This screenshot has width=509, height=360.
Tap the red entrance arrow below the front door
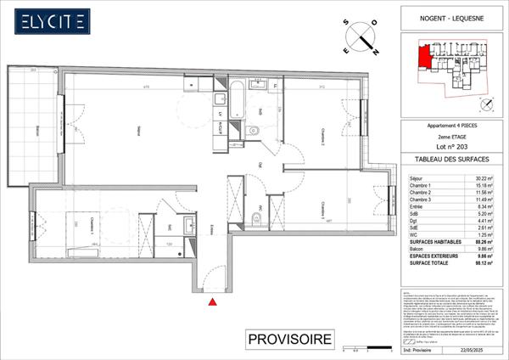point(212,300)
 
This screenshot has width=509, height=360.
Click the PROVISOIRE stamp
point(288,340)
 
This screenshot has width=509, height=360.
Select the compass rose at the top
point(363,38)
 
